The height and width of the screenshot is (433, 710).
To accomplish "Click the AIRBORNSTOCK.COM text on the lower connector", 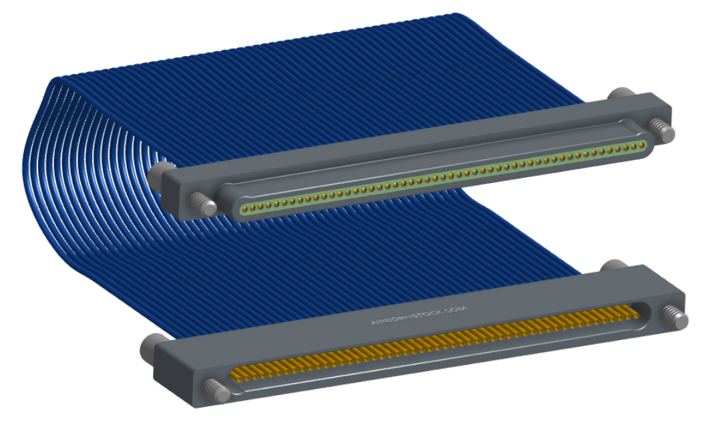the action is point(418,315).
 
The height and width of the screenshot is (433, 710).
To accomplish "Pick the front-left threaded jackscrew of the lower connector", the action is point(216,391).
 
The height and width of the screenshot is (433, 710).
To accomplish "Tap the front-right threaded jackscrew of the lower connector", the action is point(675,317).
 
